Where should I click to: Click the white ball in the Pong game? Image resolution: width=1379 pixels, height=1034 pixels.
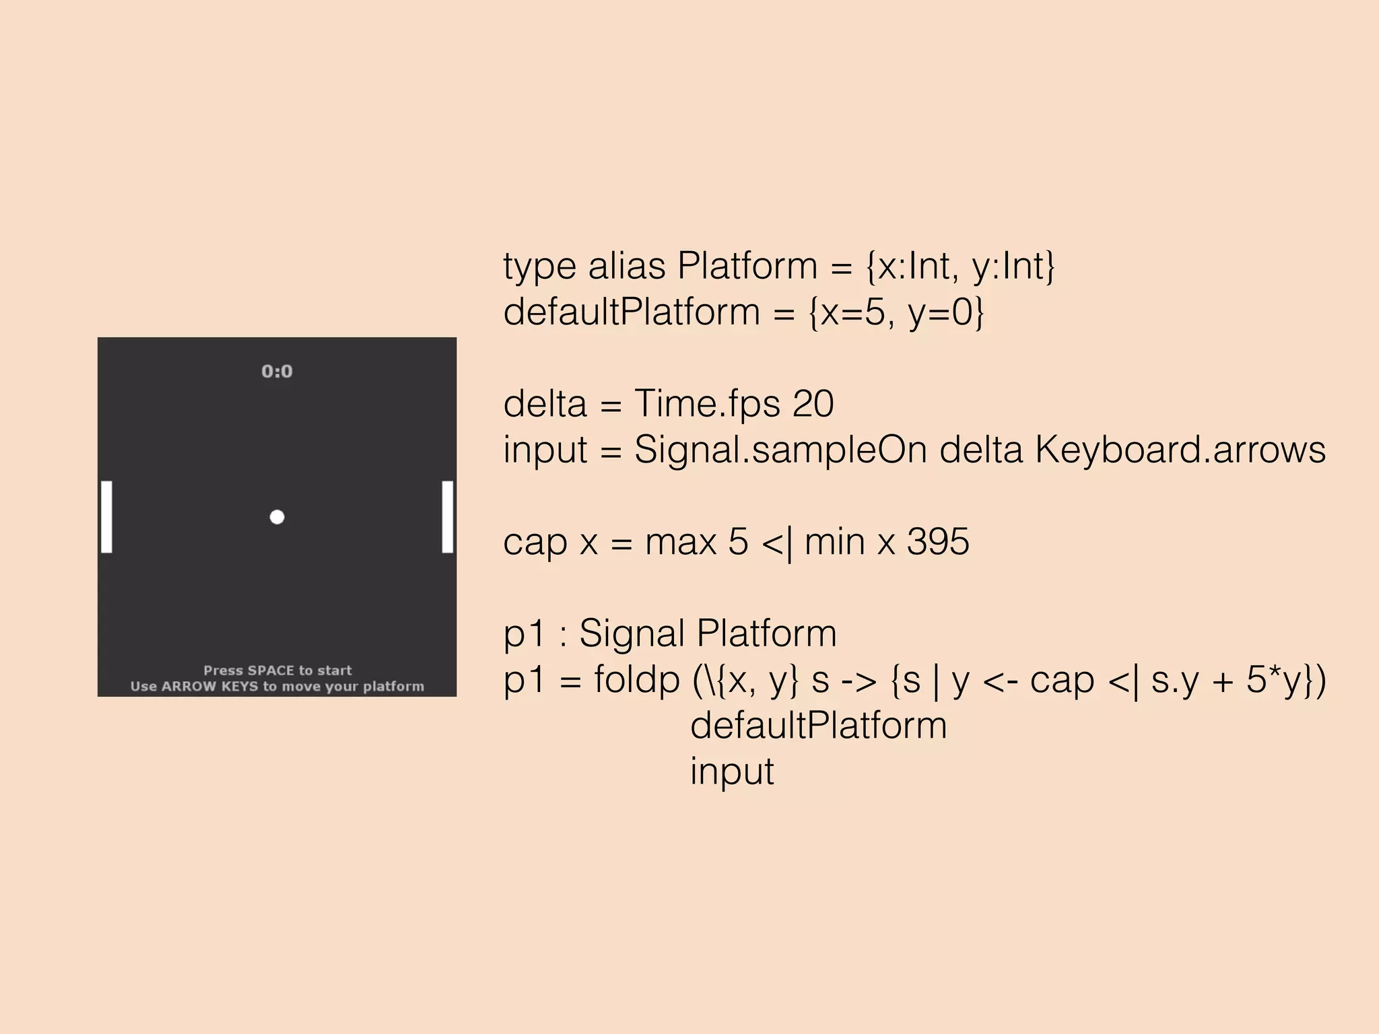(277, 517)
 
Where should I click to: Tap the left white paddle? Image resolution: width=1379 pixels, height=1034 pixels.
(106, 517)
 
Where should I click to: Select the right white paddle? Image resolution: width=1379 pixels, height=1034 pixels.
(447, 517)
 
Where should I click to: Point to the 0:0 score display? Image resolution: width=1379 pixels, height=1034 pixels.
(277, 372)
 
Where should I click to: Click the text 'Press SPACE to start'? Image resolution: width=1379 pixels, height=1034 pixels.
(277, 670)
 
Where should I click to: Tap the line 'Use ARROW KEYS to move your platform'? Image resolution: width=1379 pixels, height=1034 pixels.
(277, 687)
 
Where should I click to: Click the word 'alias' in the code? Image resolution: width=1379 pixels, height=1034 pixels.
(626, 266)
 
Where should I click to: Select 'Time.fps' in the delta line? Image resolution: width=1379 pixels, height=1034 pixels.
(707, 404)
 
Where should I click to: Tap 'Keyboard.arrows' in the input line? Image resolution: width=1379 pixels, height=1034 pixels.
(1180, 450)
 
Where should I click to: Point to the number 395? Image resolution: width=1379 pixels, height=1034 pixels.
(938, 542)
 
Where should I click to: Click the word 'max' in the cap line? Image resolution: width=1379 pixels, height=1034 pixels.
(680, 542)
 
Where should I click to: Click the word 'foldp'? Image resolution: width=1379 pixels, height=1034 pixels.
(636, 680)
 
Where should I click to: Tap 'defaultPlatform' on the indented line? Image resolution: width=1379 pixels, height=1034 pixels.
(818, 726)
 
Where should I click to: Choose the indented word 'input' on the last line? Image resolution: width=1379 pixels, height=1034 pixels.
(732, 771)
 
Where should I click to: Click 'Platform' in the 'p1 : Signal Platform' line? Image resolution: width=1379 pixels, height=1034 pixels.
(766, 634)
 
